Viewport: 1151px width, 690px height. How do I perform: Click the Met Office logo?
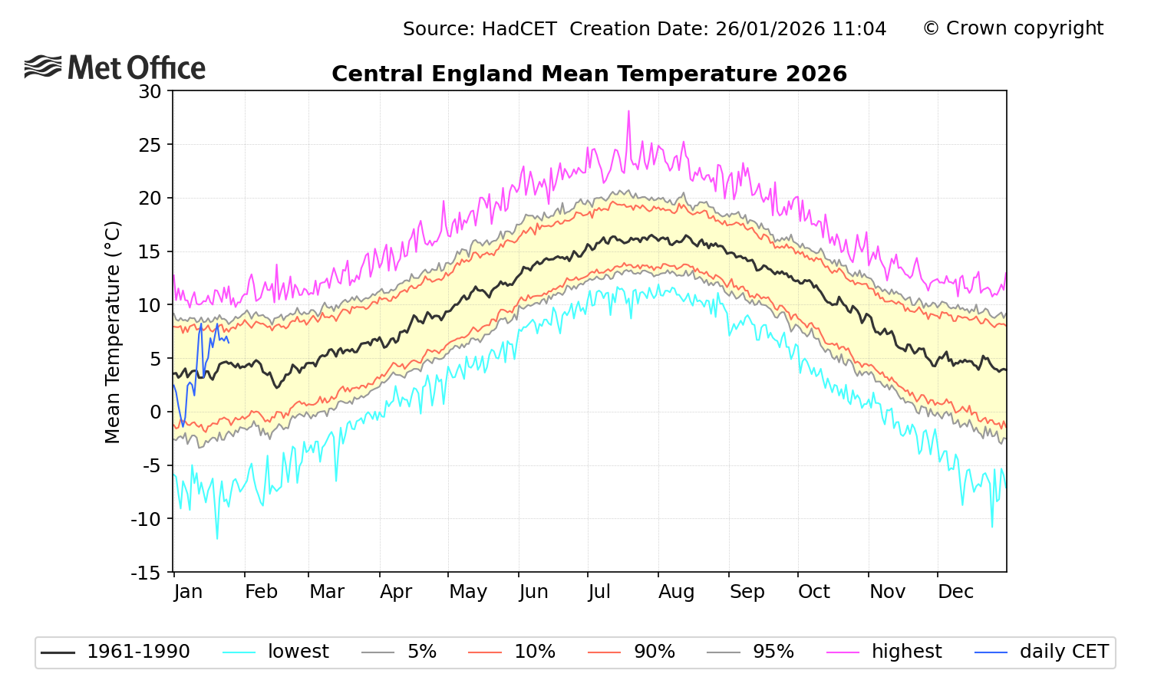tap(115, 67)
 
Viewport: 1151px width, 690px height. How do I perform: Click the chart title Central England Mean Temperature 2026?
tap(589, 74)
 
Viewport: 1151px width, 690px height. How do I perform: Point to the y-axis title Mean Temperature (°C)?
tap(113, 332)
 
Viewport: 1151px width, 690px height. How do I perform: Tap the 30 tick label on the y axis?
tap(150, 91)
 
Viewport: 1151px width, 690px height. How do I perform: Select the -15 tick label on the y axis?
tap(146, 573)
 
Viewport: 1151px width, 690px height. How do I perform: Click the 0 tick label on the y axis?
tap(157, 412)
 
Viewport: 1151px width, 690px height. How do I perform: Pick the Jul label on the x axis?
tap(599, 592)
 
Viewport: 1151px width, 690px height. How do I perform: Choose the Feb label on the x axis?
tap(261, 592)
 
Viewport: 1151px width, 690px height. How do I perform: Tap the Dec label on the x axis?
tap(955, 592)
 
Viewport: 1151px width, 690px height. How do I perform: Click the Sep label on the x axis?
tap(747, 592)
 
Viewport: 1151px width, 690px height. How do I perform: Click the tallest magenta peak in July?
tap(628, 111)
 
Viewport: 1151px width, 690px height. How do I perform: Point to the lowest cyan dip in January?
tap(216, 538)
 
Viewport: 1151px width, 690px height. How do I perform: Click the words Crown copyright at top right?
tap(1024, 28)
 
